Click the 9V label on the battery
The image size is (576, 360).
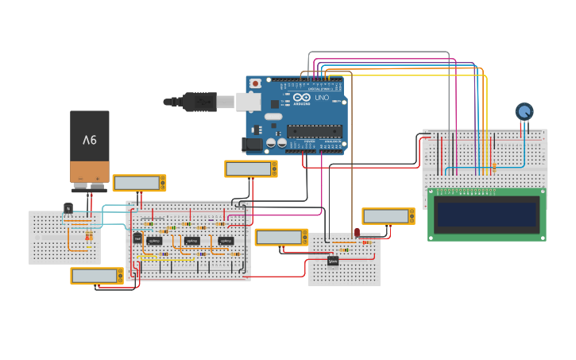point(89,140)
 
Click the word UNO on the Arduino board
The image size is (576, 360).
point(322,97)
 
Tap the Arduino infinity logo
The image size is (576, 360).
point(303,97)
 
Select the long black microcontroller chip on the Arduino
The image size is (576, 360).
point(314,131)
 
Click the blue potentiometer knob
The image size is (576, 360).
point(524,111)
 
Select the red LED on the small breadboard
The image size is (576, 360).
point(357,233)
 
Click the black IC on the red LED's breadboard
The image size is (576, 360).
point(333,260)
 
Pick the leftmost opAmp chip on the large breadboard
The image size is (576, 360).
point(154,241)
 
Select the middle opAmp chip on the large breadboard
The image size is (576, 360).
point(191,241)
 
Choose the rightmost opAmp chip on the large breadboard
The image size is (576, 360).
point(226,241)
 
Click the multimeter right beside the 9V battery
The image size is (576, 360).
point(139,183)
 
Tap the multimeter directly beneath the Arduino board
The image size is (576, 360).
point(250,168)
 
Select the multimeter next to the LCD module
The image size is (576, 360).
point(388,216)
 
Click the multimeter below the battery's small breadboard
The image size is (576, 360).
point(96,276)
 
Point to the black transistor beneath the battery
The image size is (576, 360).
point(68,208)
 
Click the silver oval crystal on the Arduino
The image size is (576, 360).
point(273,117)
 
